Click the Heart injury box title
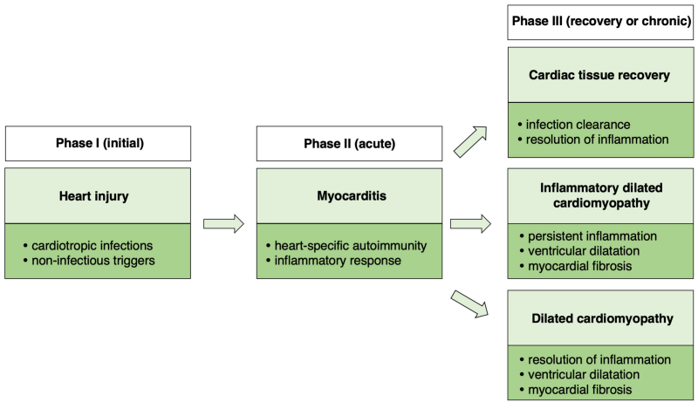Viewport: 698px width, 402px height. (98, 196)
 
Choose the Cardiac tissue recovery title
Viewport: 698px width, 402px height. (601, 75)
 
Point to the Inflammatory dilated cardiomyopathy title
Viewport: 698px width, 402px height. (601, 198)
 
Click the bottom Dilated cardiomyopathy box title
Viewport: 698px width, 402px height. (601, 318)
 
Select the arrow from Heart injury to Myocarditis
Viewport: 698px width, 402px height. (223, 225)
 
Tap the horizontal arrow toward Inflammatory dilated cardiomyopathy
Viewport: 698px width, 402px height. (471, 225)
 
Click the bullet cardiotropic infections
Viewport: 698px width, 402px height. (92, 245)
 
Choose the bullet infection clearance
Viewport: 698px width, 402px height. (578, 124)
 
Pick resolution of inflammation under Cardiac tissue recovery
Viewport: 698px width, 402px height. (593, 139)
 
